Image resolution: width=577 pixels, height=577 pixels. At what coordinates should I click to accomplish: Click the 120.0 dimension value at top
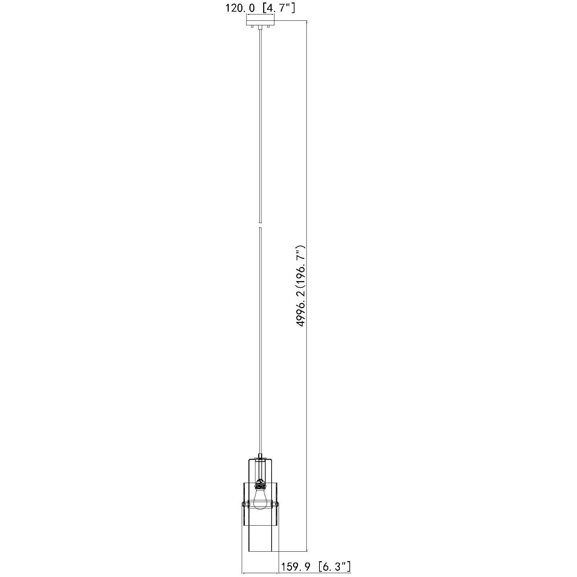pyautogui.click(x=240, y=8)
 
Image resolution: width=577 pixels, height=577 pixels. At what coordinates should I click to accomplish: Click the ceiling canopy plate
pyautogui.click(x=260, y=23)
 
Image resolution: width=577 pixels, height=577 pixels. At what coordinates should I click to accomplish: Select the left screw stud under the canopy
pyautogui.click(x=252, y=27)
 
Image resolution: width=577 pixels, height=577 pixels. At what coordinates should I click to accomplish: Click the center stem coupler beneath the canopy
pyautogui.click(x=260, y=27)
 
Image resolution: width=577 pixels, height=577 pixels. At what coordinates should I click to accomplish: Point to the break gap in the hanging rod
pyautogui.click(x=260, y=226)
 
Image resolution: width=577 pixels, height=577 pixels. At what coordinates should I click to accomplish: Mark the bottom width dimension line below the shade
pyautogui.click(x=260, y=573)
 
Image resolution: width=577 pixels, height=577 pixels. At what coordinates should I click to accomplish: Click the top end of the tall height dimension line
pyautogui.click(x=307, y=21)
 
